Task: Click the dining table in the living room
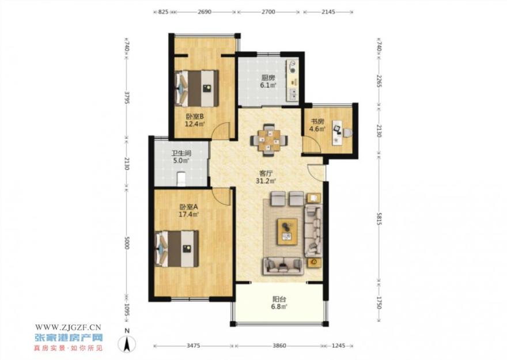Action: tap(268, 140)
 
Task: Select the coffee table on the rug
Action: tap(287, 232)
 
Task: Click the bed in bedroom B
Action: tap(196, 88)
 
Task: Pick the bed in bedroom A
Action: tap(177, 248)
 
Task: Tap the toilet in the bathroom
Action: tap(181, 179)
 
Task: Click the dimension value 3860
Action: tap(279, 346)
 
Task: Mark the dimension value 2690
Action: tap(204, 12)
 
